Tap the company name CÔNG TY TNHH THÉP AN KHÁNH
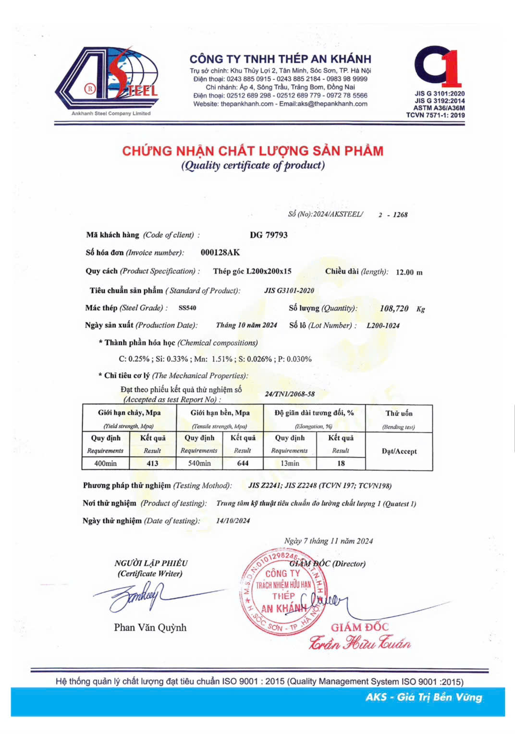point(280,59)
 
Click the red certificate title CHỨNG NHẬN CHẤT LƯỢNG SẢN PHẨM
point(253,151)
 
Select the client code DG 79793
point(269,235)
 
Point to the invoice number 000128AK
point(220,253)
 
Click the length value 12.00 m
point(409,272)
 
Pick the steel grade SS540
point(187,308)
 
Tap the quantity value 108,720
point(394,308)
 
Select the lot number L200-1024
point(383,325)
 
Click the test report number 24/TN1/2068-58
point(290,394)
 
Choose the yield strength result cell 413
point(152,463)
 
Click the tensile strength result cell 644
point(243,463)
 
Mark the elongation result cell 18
point(341,463)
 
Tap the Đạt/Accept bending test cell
point(399,451)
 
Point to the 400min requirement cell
point(105,463)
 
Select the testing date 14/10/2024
point(233,520)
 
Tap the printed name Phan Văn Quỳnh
point(150,627)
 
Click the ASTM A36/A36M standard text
point(439,108)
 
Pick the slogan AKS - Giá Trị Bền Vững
point(423,697)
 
